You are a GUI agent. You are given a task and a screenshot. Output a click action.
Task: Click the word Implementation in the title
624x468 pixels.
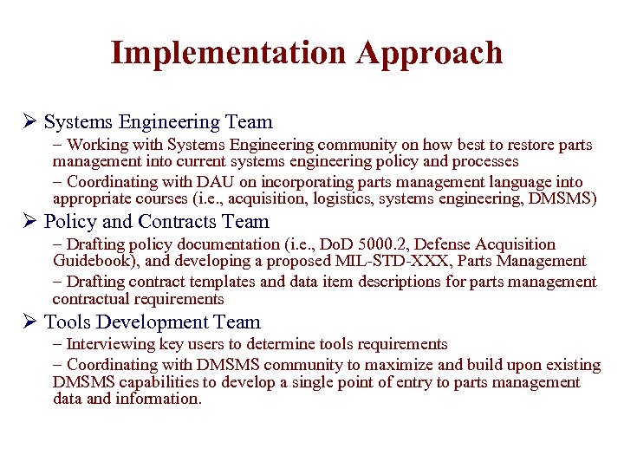click(228, 53)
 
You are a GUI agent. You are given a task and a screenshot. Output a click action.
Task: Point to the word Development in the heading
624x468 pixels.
click(153, 322)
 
